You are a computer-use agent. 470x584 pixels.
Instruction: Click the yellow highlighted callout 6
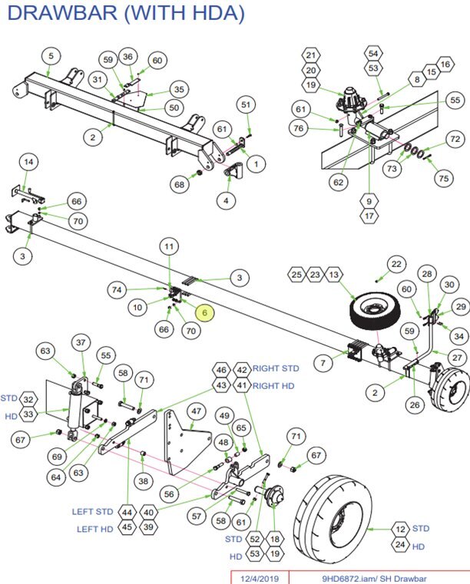(205, 312)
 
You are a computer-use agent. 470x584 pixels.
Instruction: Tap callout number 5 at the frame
(51, 55)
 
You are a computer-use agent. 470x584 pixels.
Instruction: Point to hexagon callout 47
(196, 411)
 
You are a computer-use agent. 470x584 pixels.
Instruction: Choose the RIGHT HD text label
(278, 385)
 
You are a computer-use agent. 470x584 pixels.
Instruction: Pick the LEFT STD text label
(94, 512)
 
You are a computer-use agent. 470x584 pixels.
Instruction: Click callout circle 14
(28, 162)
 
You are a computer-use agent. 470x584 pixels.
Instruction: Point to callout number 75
(442, 178)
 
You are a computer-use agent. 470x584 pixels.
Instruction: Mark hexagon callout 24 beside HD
(399, 546)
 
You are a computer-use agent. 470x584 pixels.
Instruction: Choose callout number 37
(81, 341)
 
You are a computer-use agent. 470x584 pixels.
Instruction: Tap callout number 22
(396, 264)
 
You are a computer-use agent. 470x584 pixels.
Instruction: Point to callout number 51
(246, 104)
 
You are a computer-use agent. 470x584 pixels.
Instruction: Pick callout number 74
(117, 290)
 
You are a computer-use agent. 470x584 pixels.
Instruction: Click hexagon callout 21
(310, 55)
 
